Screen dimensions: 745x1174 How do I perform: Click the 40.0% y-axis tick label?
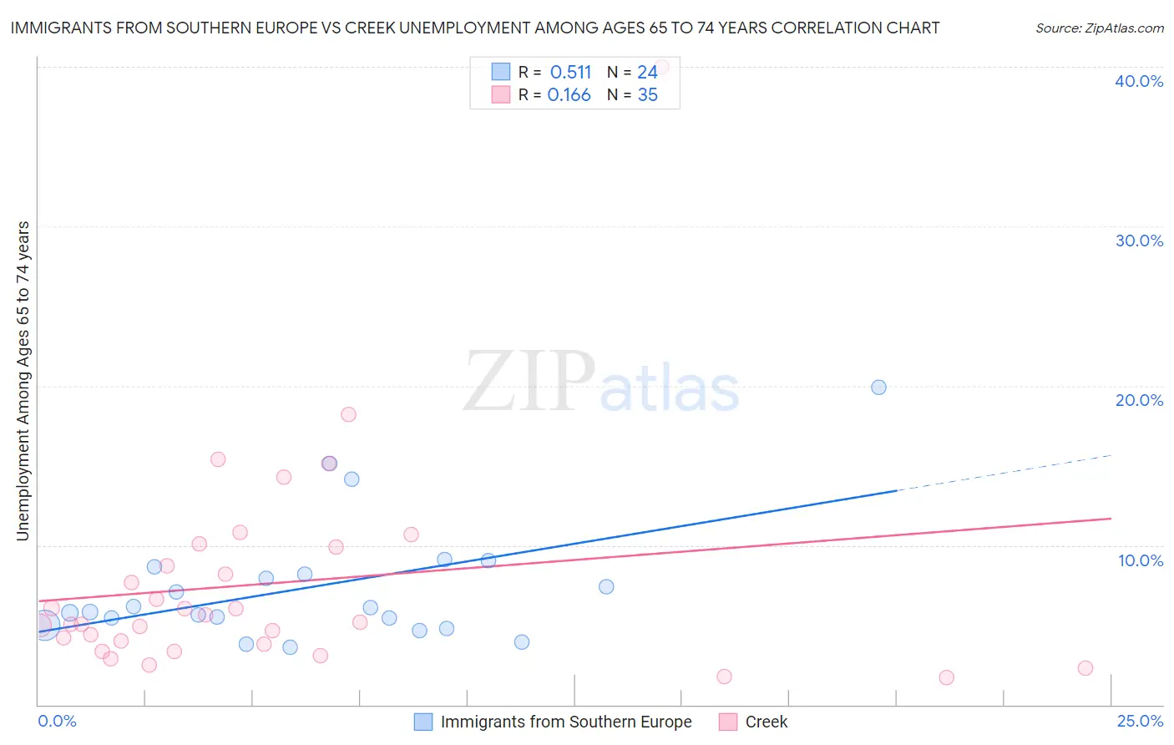click(x=1139, y=81)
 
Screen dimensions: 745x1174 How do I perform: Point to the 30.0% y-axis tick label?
click(x=1139, y=241)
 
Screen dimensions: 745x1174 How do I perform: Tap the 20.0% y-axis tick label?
click(x=1139, y=400)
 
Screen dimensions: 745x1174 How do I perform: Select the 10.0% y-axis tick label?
click(x=1141, y=560)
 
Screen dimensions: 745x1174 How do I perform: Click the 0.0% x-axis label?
click(x=57, y=721)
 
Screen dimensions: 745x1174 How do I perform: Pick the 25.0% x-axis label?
click(x=1140, y=721)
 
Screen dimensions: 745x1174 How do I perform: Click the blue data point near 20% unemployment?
click(x=878, y=388)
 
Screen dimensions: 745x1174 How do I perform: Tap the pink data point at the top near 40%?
click(x=661, y=67)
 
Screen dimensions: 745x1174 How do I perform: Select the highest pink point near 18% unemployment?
click(x=348, y=414)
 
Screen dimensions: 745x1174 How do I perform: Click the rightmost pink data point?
click(x=1085, y=668)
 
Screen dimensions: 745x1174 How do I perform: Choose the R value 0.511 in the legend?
click(x=570, y=73)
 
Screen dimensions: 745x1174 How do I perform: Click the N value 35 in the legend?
click(x=647, y=95)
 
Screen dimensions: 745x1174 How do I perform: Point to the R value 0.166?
click(x=569, y=95)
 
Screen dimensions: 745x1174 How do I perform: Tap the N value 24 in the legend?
click(x=647, y=73)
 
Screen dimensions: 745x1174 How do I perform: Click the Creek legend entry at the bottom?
click(x=766, y=722)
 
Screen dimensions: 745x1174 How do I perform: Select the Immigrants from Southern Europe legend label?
click(x=565, y=722)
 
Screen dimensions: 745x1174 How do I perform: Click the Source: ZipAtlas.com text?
click(x=1099, y=28)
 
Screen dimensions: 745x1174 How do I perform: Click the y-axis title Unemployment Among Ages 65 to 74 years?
click(x=23, y=381)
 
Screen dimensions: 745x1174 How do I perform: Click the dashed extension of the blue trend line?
click(x=1002, y=473)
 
